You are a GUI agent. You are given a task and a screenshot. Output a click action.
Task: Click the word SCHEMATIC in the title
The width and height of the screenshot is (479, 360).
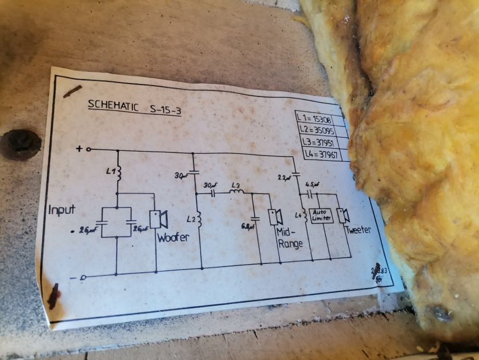pyautogui.click(x=110, y=105)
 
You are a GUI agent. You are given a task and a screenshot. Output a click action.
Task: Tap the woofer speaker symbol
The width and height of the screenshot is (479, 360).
pyautogui.click(x=157, y=219)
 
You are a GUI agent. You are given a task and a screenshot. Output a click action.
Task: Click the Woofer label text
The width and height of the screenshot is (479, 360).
pyautogui.click(x=174, y=237)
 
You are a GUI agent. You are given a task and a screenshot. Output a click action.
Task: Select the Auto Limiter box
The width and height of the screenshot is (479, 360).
pyautogui.click(x=321, y=215)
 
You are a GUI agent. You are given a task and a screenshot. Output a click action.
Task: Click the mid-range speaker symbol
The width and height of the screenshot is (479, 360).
pyautogui.click(x=274, y=216)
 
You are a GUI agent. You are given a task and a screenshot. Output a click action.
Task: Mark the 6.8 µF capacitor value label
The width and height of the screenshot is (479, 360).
pyautogui.click(x=247, y=226)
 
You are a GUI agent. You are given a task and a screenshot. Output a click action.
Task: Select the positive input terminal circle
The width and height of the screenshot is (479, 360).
pyautogui.click(x=88, y=149)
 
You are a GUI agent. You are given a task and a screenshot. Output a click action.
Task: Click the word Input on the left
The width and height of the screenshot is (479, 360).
pyautogui.click(x=62, y=210)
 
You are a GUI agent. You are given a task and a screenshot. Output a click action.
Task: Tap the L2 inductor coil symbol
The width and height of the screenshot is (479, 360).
pyautogui.click(x=199, y=219)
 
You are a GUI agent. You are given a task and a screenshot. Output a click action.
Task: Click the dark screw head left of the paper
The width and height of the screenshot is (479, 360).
pyautogui.click(x=20, y=143)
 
